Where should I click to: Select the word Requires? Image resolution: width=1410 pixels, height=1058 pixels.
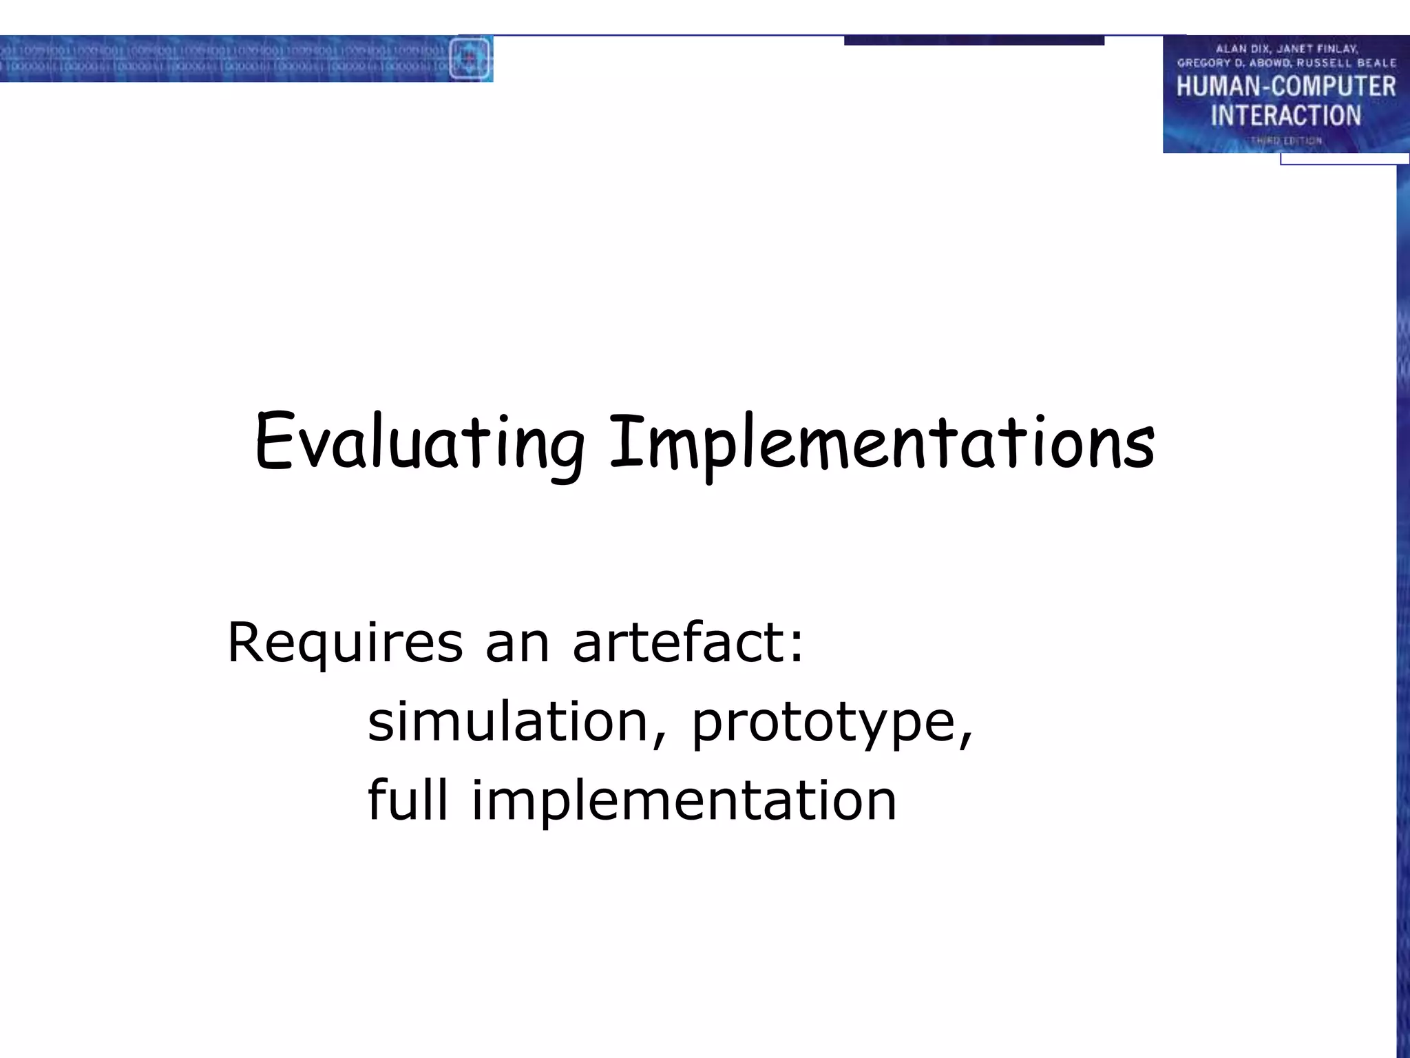coord(345,643)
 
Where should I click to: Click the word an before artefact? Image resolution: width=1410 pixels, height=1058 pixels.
coord(517,643)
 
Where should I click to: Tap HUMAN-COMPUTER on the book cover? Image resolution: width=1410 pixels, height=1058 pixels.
coord(1285,87)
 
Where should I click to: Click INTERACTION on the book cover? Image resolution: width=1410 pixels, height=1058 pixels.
coord(1285,116)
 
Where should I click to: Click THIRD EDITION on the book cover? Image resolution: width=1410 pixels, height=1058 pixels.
coord(1285,141)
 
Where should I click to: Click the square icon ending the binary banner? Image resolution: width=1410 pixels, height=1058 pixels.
coord(470,58)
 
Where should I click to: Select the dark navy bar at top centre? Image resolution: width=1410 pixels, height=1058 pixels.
coord(974,41)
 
